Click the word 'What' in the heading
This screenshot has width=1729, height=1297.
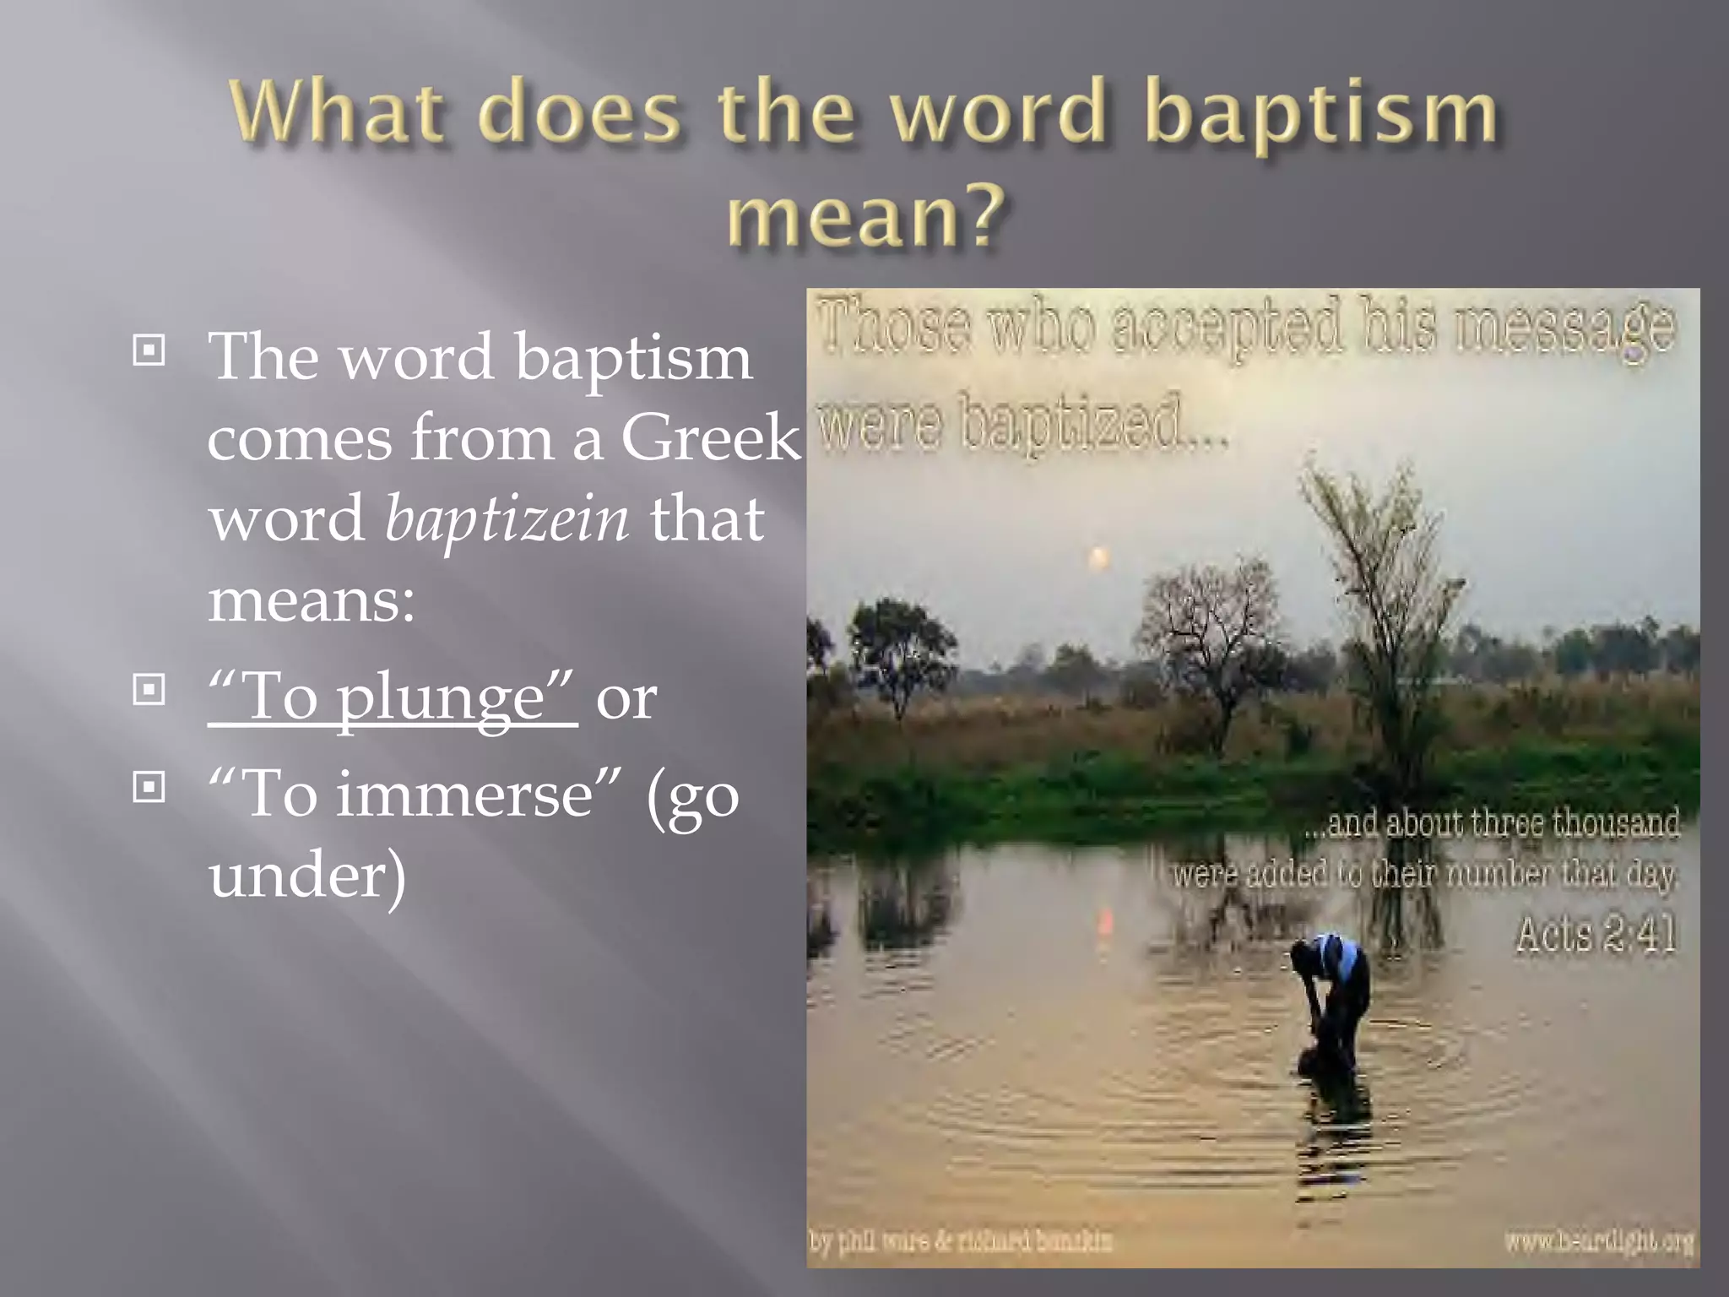coord(337,112)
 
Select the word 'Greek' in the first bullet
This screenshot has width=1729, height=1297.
coord(710,438)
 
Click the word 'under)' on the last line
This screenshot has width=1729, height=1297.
coord(307,876)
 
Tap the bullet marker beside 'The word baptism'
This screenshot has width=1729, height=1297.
coord(149,350)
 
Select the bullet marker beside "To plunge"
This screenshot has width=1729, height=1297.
coord(149,691)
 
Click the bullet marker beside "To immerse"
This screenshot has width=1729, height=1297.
coord(149,788)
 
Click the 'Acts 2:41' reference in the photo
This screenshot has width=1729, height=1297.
coord(1595,936)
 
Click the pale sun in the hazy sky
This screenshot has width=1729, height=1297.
coord(1098,557)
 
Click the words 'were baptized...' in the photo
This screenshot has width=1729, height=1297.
coord(1022,423)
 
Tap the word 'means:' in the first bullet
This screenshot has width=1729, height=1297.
coord(312,600)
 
